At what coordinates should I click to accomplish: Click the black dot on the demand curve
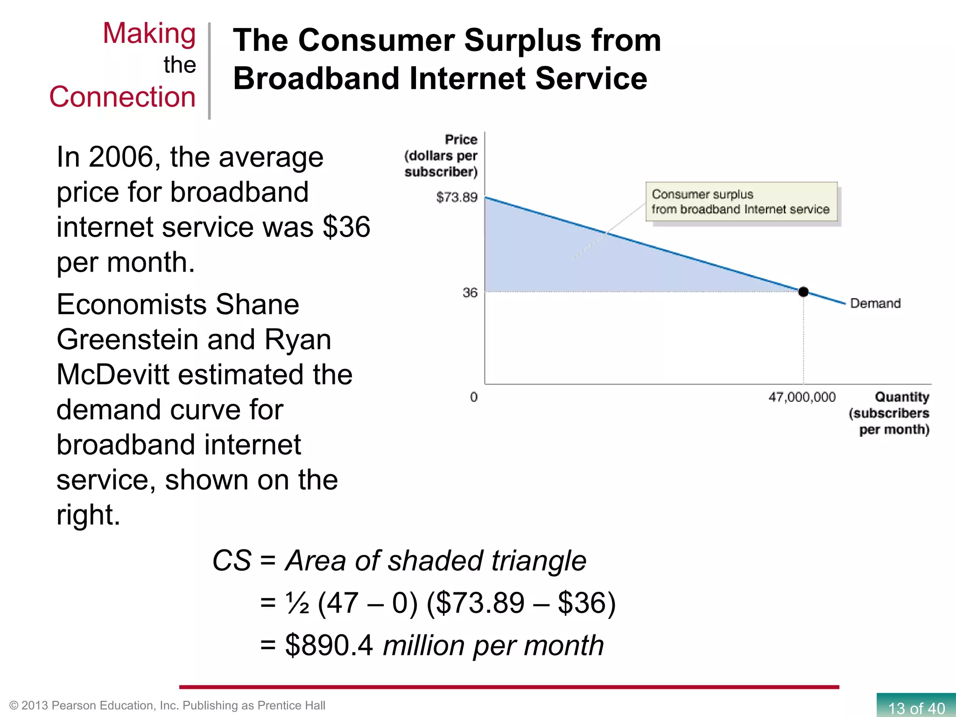[803, 292]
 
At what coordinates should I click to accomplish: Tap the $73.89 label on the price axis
[457, 197]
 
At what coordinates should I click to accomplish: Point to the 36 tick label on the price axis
[470, 293]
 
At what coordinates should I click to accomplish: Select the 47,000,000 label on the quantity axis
[802, 397]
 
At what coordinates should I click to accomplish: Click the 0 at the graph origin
[474, 397]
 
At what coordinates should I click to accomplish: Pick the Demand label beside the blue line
[875, 303]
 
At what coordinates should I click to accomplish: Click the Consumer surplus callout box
[741, 202]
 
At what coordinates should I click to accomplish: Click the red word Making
[149, 34]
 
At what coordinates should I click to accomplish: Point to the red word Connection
[122, 97]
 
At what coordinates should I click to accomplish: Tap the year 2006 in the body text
[121, 157]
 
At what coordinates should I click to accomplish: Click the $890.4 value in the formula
[329, 645]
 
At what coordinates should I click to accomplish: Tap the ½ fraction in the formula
[297, 603]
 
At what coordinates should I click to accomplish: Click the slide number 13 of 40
[916, 708]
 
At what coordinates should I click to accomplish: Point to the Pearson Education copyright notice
[167, 705]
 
